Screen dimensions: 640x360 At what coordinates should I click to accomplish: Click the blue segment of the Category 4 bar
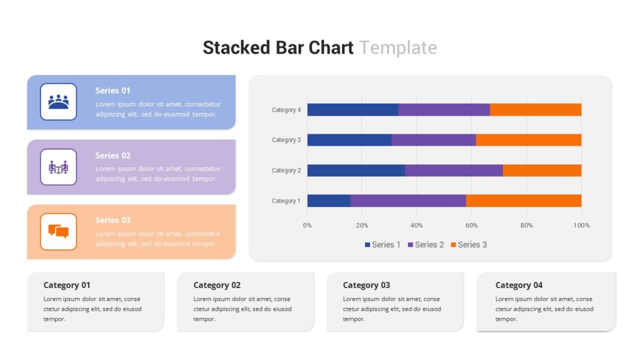[x=352, y=110]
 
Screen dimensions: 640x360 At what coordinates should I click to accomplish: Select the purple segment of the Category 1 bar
[x=408, y=201]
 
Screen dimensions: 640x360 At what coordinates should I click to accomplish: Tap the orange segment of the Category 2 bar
[x=542, y=170]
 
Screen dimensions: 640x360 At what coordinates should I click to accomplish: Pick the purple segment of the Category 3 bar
[x=434, y=140]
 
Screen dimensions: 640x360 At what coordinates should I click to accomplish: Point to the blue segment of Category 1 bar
[x=329, y=201]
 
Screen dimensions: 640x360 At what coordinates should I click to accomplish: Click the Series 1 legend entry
[x=382, y=244]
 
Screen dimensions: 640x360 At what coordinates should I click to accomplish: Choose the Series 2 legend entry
[x=426, y=244]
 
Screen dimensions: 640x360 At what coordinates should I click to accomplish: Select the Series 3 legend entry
[x=469, y=244]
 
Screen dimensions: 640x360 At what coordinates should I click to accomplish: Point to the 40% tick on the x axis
[x=416, y=225]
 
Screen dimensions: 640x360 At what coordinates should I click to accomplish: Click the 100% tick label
[x=581, y=225]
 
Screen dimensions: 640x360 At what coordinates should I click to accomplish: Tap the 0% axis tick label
[x=307, y=225]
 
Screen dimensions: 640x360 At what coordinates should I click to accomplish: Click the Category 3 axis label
[x=286, y=140]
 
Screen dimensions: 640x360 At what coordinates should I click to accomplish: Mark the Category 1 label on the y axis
[x=286, y=201]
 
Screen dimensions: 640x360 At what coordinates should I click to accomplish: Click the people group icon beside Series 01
[x=58, y=102]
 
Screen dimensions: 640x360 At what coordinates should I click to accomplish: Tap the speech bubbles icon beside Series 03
[x=58, y=231]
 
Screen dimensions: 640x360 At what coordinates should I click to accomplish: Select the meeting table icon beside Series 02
[x=58, y=167]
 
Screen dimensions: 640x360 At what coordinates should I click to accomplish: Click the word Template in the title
[x=398, y=47]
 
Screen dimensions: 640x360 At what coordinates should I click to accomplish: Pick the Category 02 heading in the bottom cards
[x=217, y=285]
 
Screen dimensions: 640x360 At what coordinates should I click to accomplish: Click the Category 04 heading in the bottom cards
[x=519, y=285]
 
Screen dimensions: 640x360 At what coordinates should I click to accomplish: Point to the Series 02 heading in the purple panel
[x=113, y=156]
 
